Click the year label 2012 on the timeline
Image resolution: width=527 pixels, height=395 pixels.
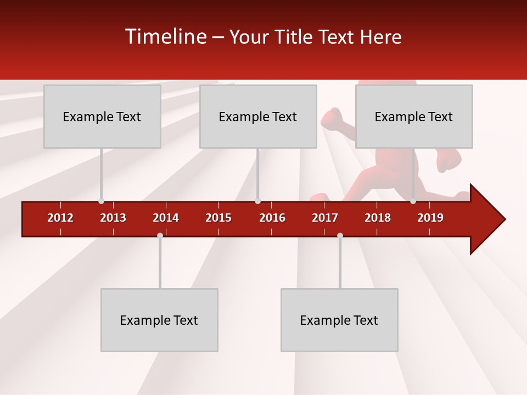[x=60, y=218]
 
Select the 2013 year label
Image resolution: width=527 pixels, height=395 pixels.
[x=113, y=218]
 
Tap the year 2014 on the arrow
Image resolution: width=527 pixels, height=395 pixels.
[x=166, y=218]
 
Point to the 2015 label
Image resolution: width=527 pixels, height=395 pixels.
[x=218, y=218]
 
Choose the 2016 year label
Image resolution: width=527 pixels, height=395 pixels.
[x=272, y=218]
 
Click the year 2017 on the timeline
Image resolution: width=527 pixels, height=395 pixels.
[x=325, y=218]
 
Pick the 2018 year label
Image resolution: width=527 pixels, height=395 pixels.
[x=378, y=218]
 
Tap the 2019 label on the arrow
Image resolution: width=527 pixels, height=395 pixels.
[x=430, y=218]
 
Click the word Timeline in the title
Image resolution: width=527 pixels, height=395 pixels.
[x=166, y=37]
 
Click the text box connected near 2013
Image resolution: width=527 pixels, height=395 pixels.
[x=102, y=116]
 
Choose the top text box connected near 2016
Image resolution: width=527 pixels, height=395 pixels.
[x=258, y=116]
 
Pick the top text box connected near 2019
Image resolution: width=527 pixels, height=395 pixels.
[x=414, y=116]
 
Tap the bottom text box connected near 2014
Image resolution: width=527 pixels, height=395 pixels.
[x=159, y=320]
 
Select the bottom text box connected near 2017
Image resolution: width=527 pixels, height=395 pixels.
[x=339, y=320]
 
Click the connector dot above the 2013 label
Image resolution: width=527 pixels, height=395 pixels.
[x=101, y=201]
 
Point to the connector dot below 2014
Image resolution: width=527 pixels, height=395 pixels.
[x=160, y=235]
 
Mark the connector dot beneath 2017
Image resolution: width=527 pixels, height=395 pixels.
[x=340, y=235]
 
